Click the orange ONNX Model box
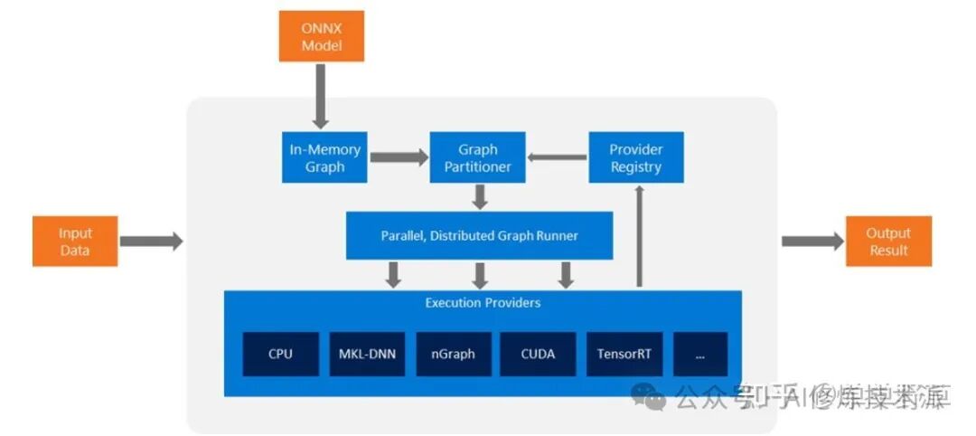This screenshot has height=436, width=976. [x=321, y=36]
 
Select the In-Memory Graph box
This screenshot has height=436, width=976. [x=325, y=157]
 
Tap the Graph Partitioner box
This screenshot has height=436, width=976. [x=478, y=157]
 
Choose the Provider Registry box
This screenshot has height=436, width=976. [x=636, y=157]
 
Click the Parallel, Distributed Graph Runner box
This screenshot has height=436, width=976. [x=479, y=236]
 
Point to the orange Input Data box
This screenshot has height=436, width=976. [x=75, y=242]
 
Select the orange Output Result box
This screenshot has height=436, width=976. [x=888, y=242]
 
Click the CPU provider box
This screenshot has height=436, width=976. [x=280, y=354]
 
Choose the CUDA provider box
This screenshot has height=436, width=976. [x=538, y=354]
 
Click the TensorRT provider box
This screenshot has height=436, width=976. [x=624, y=354]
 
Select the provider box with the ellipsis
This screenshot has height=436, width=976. [x=700, y=354]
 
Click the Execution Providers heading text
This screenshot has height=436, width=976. [x=483, y=303]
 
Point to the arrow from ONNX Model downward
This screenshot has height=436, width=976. [x=321, y=96]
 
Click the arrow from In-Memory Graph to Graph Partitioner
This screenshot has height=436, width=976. [x=399, y=157]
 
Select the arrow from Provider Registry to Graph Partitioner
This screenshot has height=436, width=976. [x=557, y=157]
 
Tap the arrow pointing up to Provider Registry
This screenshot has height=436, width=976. [x=640, y=235]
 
